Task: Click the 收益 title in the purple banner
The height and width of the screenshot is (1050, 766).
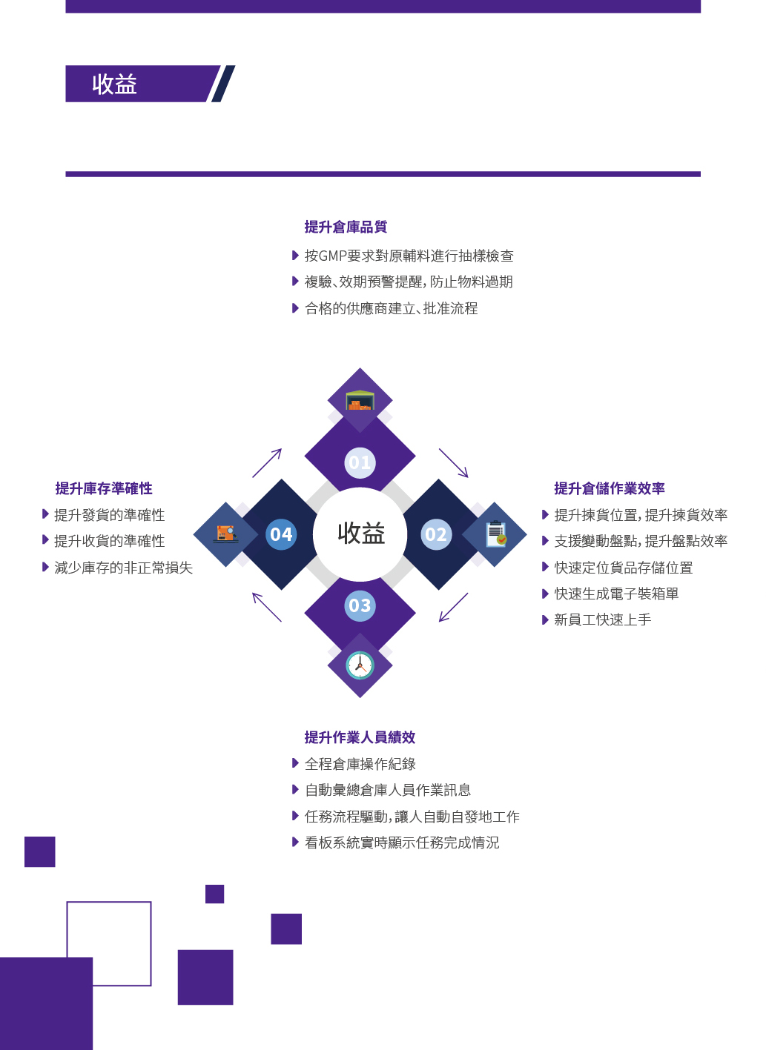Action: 114,84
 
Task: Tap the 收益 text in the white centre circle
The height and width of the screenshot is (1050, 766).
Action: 361,534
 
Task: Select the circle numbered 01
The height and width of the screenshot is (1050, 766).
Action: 360,462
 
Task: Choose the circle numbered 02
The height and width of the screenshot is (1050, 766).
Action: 436,534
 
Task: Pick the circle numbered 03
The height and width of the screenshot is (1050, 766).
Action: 360,605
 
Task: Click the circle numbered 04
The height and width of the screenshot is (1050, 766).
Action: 281,534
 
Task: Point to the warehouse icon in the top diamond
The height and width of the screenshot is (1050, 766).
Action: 360,400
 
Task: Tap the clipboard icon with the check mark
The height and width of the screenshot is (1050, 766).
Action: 496,534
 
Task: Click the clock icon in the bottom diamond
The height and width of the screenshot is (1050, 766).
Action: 360,665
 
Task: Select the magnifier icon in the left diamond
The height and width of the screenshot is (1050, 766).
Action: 225,534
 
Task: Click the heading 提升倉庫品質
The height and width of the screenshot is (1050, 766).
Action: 346,227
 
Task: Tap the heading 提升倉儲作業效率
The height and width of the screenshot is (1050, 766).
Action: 610,488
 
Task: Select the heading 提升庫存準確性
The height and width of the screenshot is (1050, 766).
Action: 104,488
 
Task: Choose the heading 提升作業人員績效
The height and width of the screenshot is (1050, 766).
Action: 360,737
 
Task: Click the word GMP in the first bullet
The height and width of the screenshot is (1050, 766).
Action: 332,256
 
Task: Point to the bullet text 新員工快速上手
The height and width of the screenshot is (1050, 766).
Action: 603,619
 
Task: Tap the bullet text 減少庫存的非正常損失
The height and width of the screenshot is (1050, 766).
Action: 124,568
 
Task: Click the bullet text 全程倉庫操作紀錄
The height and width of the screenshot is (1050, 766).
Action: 360,764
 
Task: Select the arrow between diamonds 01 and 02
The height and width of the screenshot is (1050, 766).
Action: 454,463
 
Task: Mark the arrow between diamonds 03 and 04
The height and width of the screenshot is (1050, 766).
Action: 267,607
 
